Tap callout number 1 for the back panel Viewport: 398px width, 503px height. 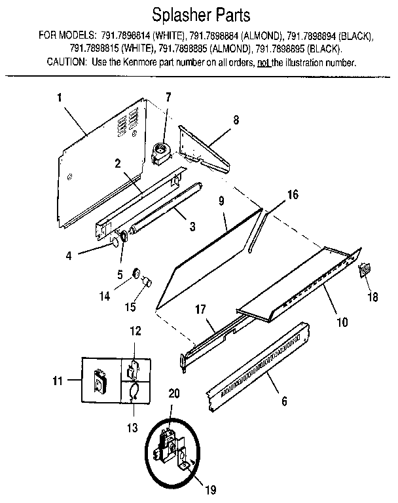click(x=60, y=98)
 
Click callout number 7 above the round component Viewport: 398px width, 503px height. click(x=168, y=98)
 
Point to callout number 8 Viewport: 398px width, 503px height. click(x=236, y=120)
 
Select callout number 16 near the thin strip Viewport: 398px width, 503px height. click(x=293, y=195)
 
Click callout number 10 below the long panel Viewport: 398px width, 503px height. click(x=342, y=322)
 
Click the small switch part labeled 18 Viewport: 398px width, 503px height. click(x=365, y=269)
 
